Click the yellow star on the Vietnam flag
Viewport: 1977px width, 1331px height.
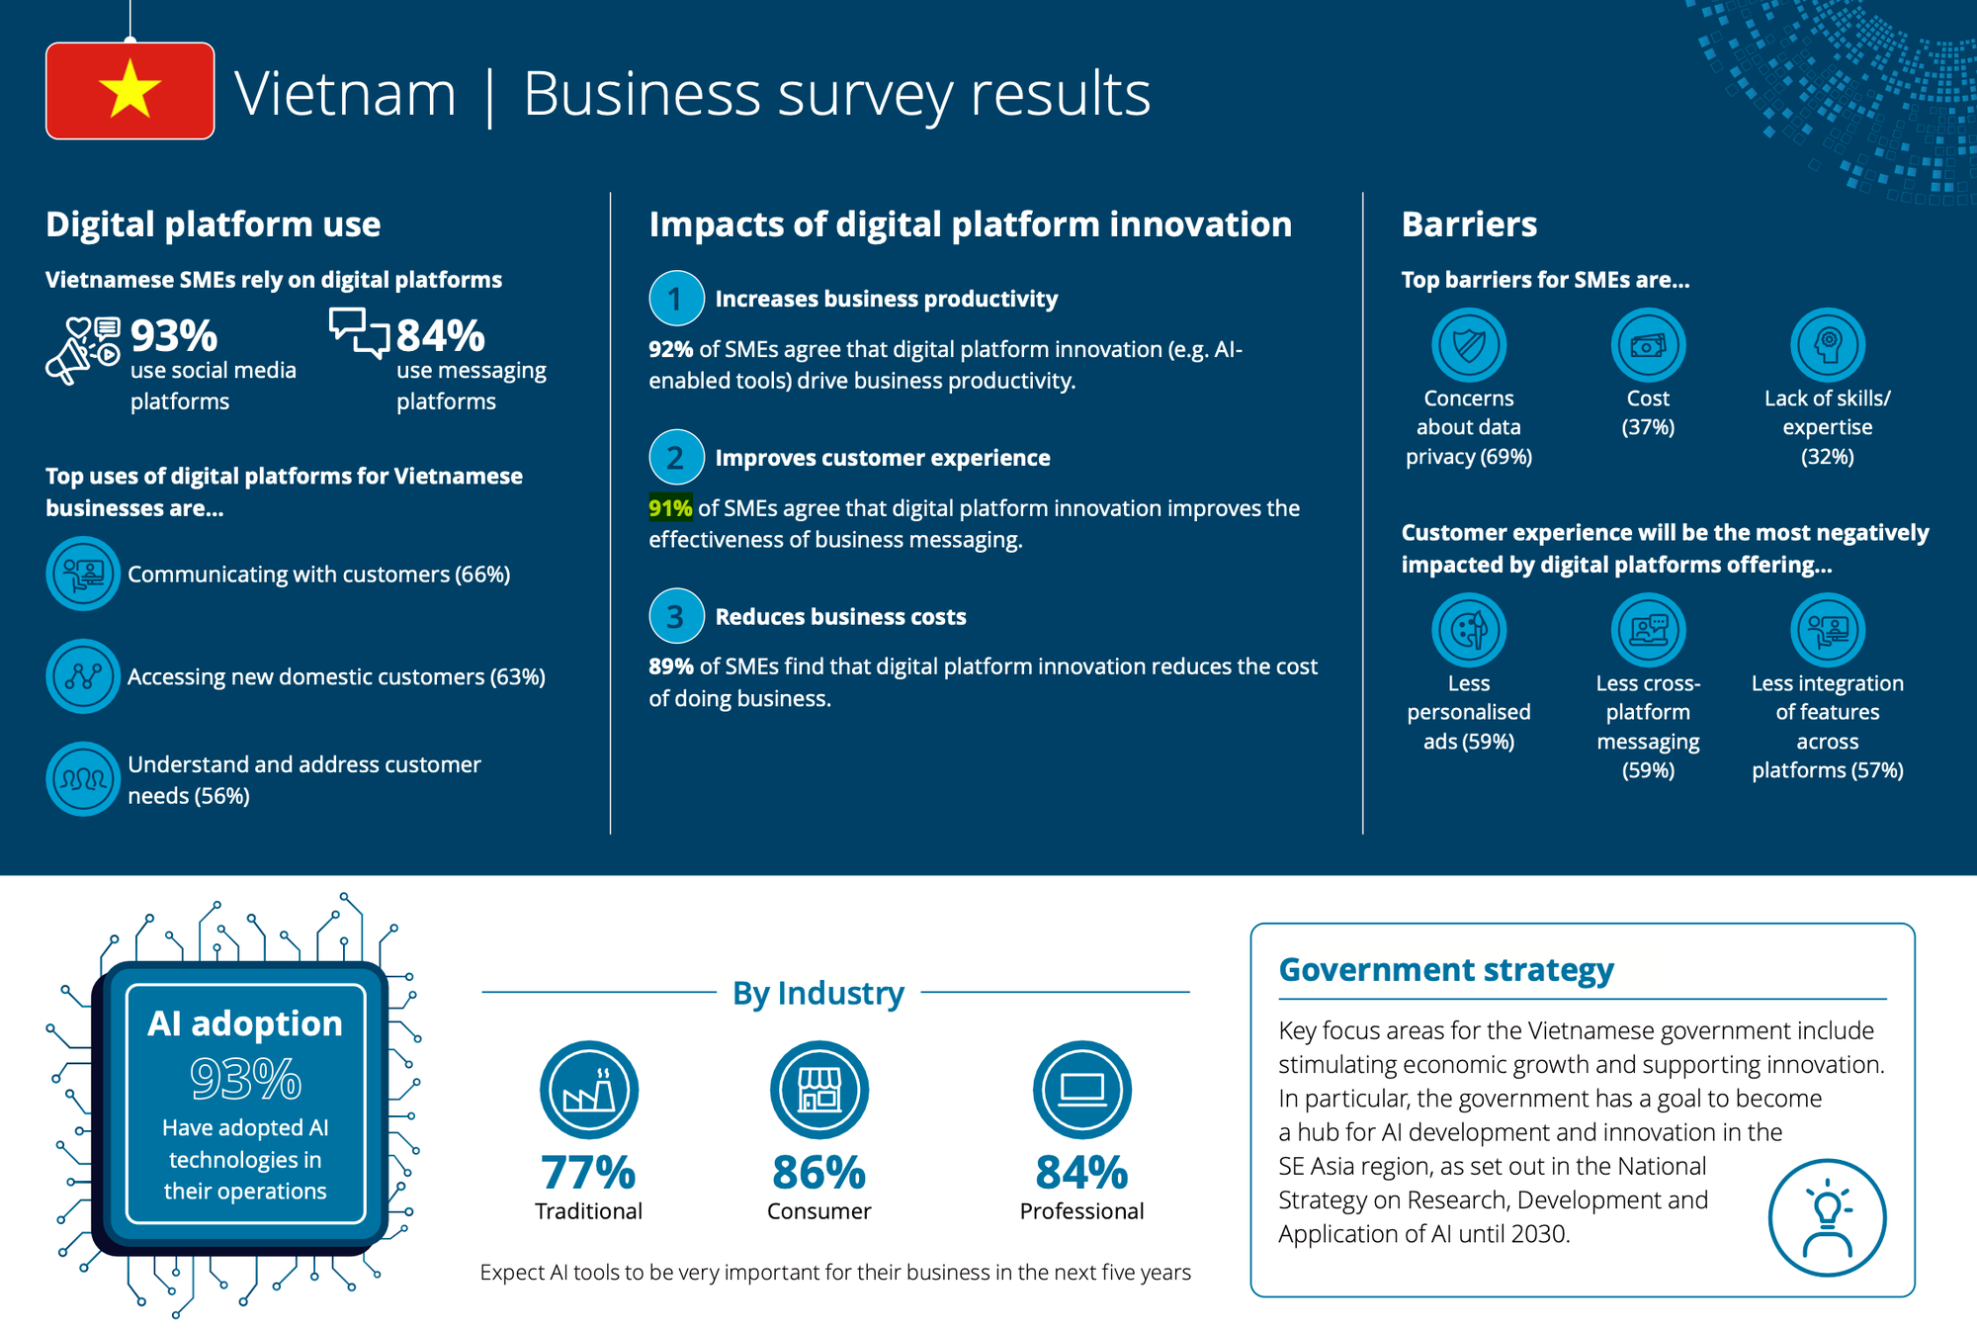(x=129, y=89)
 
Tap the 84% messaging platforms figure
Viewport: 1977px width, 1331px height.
(x=441, y=336)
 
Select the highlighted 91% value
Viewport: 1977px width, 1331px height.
(x=670, y=508)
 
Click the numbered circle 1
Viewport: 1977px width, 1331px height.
(x=676, y=299)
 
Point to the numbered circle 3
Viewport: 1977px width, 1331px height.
(x=676, y=616)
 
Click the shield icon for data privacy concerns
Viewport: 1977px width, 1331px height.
(x=1469, y=345)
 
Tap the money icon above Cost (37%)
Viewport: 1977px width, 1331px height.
(x=1648, y=345)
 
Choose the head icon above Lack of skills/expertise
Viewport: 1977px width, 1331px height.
(x=1828, y=345)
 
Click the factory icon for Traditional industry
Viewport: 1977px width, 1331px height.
(x=589, y=1090)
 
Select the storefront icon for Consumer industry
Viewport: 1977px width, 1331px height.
(x=819, y=1090)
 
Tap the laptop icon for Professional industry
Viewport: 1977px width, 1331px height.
(x=1081, y=1090)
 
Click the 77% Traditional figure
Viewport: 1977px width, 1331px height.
(x=588, y=1174)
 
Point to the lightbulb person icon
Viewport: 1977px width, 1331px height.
(x=1827, y=1217)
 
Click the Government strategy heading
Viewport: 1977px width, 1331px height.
(x=1446, y=970)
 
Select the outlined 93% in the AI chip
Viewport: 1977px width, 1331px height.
(x=245, y=1079)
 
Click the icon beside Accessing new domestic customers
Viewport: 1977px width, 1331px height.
(x=83, y=676)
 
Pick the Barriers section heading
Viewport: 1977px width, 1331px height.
(x=1469, y=224)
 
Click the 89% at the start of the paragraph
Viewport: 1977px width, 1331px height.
(x=670, y=666)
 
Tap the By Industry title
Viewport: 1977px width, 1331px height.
(x=818, y=993)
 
